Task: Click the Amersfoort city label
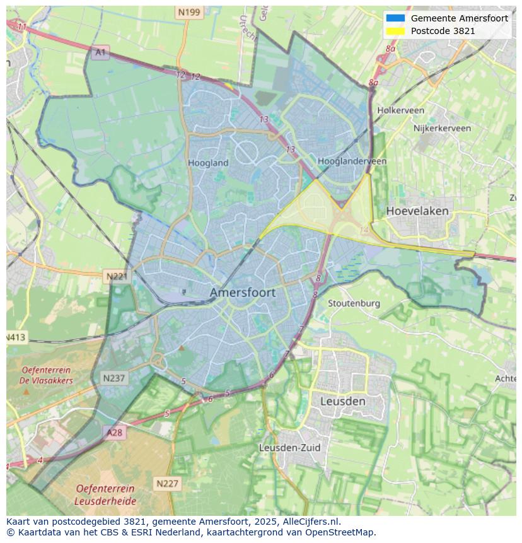[x=242, y=293]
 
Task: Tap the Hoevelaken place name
[x=417, y=211]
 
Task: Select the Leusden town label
[x=342, y=401]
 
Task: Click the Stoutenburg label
[x=354, y=303]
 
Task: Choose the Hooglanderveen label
[x=352, y=161]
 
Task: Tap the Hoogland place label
[x=208, y=163]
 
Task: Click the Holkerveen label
[x=400, y=110]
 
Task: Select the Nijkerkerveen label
[x=442, y=128]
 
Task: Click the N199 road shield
[x=189, y=12]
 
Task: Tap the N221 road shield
[x=117, y=276]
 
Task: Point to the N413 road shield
[x=16, y=337]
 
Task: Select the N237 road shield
[x=114, y=378]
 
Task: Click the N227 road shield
[x=167, y=484]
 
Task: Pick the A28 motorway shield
[x=115, y=433]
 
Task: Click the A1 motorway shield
[x=100, y=52]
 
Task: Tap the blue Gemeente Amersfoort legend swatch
[x=395, y=18]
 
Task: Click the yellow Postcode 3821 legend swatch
[x=395, y=31]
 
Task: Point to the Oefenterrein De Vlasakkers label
[x=47, y=375]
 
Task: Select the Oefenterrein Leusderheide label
[x=105, y=494]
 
